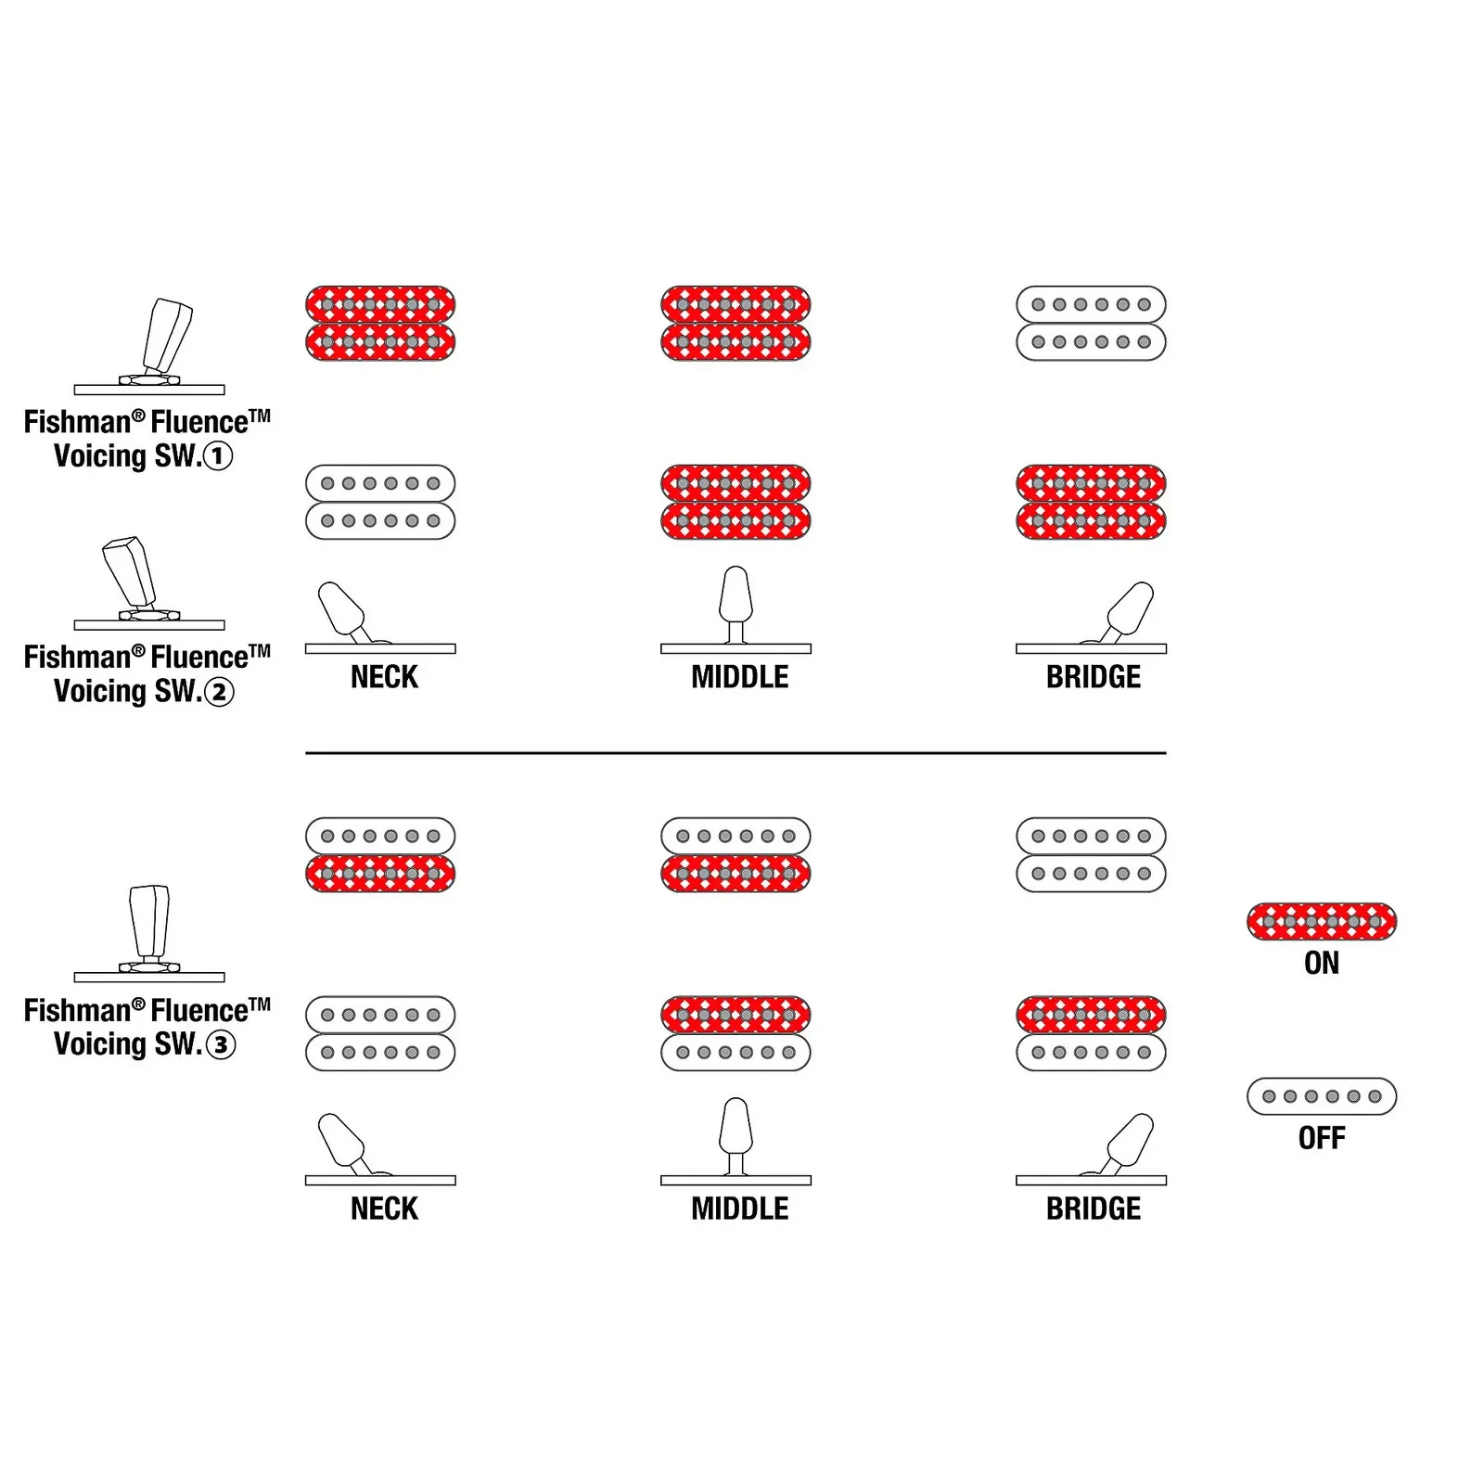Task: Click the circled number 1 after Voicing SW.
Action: point(218,456)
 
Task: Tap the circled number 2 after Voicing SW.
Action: point(219,692)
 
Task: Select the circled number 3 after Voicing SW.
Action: point(220,1045)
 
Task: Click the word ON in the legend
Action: point(1322,964)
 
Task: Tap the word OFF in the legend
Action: point(1322,1138)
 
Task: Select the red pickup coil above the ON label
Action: point(1322,922)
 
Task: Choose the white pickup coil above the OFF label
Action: point(1322,1096)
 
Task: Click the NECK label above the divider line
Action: point(384,677)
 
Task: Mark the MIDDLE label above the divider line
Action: point(739,677)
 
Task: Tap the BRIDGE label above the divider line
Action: point(1094,677)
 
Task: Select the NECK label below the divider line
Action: point(384,1209)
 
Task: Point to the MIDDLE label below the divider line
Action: point(739,1209)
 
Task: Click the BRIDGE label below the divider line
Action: point(1094,1209)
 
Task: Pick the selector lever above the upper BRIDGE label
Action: point(1127,612)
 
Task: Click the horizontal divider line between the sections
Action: point(736,753)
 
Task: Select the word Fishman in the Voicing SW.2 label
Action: point(78,658)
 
